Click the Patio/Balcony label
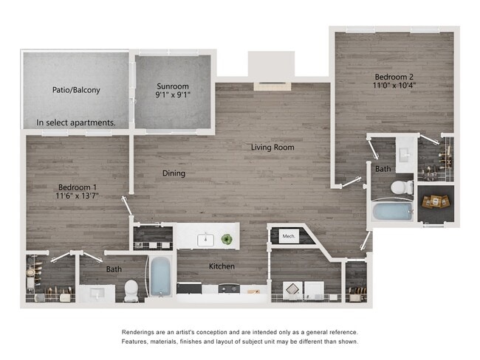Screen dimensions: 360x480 coord(76,90)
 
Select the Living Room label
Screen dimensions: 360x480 coord(272,148)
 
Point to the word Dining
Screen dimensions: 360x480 coord(174,173)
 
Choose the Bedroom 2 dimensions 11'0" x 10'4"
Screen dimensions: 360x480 coord(394,86)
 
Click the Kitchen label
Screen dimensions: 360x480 coord(222,266)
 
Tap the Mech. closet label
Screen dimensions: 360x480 coord(288,236)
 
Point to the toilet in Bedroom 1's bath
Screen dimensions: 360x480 coord(131,291)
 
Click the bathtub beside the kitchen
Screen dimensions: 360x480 coord(160,277)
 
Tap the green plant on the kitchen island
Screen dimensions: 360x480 coord(227,240)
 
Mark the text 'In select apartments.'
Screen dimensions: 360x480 coord(76,122)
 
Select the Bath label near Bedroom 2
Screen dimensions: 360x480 coord(383,169)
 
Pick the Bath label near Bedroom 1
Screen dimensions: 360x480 coord(114,269)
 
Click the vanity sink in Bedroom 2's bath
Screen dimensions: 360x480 coord(405,155)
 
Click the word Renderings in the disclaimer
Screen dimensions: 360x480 coord(143,333)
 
